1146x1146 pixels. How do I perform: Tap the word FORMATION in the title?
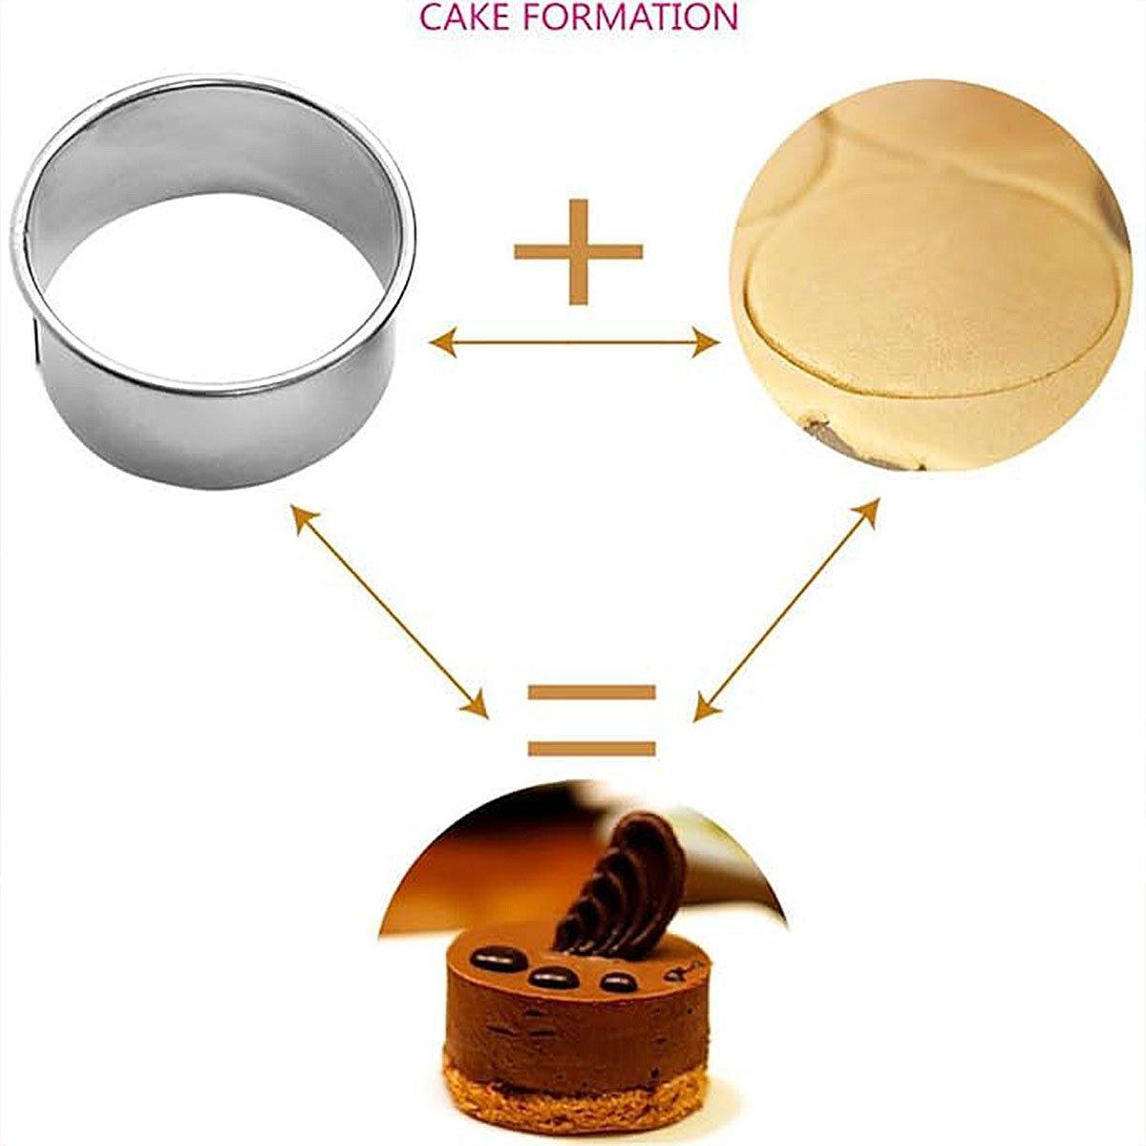point(627,18)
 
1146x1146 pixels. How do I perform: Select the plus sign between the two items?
point(578,251)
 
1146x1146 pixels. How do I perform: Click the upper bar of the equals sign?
point(592,692)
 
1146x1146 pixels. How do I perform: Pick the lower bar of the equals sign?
point(592,749)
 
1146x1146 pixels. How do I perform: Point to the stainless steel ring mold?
point(213,279)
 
